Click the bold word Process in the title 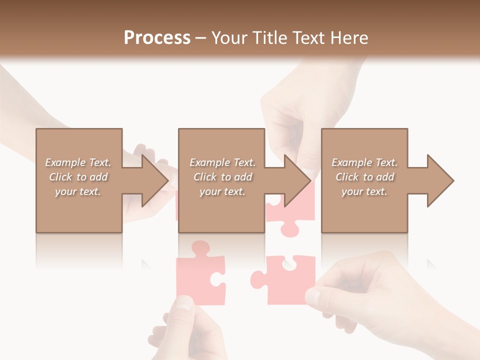click(157, 38)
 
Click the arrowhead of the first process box click(154, 180)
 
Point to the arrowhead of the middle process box click(297, 180)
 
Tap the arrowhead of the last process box click(440, 180)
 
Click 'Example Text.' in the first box click(78, 162)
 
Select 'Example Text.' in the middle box click(222, 162)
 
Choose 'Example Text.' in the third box click(364, 162)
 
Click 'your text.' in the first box click(78, 191)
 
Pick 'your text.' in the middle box click(222, 191)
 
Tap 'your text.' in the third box click(364, 191)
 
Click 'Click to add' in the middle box click(222, 177)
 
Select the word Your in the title click(229, 38)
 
